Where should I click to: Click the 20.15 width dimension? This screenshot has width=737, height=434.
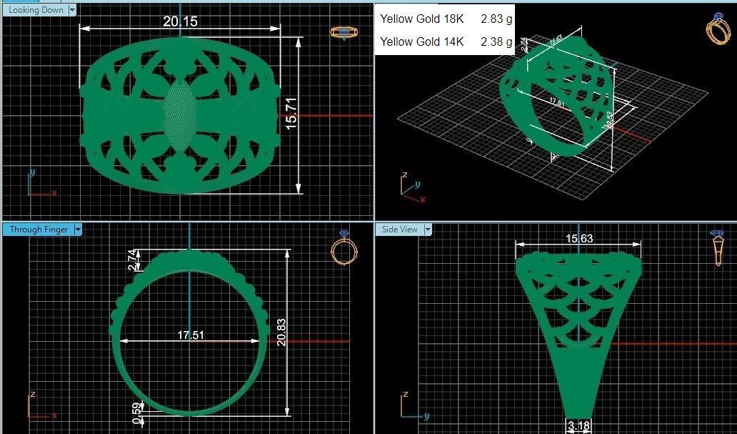pos(180,21)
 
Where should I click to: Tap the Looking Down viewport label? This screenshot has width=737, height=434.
pos(36,10)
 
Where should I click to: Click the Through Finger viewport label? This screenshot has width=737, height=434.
pos(39,230)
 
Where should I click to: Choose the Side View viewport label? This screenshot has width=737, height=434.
pos(400,230)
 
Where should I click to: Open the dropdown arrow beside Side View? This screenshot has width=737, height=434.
pos(428,230)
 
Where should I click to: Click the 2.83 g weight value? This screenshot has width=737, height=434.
pos(496,19)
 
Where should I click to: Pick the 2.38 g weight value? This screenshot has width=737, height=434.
pos(496,41)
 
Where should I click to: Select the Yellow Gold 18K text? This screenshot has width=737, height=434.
pos(421,19)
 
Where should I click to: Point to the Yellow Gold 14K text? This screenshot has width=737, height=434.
pos(421,41)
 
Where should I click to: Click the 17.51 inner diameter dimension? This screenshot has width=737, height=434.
pos(189,335)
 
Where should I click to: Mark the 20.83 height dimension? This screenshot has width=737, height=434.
pos(281,332)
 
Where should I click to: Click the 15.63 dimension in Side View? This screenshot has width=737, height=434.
pos(579,239)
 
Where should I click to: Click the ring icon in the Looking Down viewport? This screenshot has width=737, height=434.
pos(344,33)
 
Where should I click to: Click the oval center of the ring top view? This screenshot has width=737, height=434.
pos(179,114)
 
